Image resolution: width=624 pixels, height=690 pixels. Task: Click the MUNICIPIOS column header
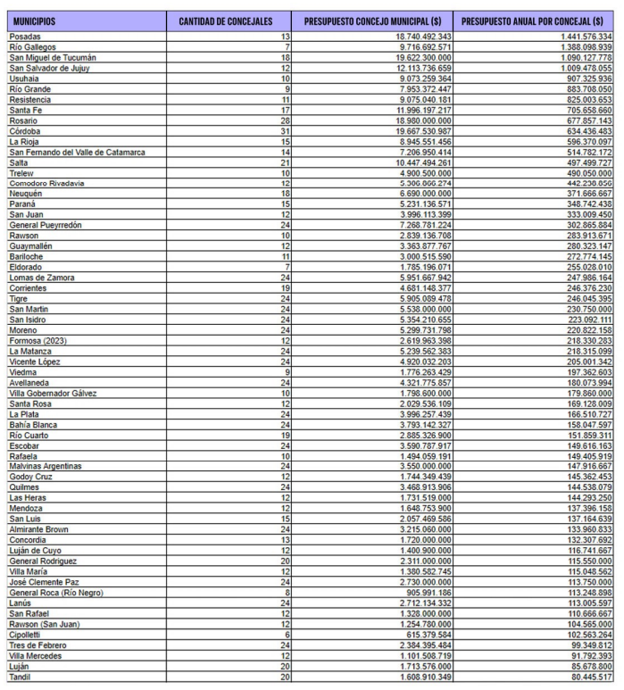point(34,21)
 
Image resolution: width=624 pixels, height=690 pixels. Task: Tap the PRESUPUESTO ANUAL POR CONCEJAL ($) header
point(532,21)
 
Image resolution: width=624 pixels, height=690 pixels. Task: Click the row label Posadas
point(25,36)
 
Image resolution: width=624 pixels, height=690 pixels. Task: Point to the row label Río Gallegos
point(30,46)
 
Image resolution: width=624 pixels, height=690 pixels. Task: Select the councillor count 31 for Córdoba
point(285,131)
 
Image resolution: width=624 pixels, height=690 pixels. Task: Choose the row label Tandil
point(21,677)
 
